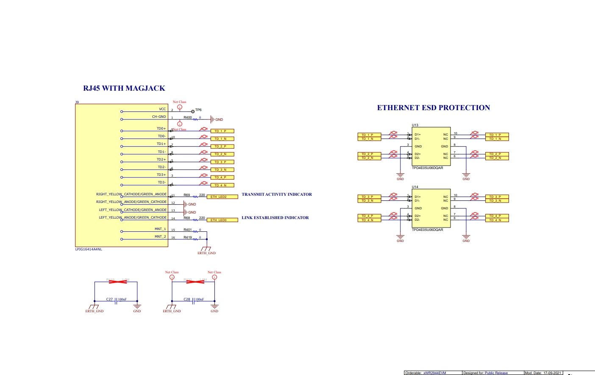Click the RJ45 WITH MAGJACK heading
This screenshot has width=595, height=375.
124,88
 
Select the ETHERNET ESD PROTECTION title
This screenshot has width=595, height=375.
433,108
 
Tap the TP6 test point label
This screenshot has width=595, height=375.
198,110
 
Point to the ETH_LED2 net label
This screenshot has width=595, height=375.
222,197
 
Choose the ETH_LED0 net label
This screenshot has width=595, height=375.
222,220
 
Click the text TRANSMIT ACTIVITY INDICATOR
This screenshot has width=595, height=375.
276,194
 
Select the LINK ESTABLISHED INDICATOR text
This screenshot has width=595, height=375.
275,218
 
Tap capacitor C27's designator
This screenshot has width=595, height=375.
109,299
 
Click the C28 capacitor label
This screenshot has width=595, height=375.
186,299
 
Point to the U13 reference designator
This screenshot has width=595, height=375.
415,125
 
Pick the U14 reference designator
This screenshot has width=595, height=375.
415,187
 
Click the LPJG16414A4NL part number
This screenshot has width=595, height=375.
89,249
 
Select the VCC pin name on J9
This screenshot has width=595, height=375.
162,109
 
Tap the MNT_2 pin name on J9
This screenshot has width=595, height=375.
160,236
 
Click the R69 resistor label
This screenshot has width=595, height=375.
186,195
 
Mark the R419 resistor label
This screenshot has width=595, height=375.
187,237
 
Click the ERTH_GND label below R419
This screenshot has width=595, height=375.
206,253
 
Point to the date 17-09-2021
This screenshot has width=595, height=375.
552,373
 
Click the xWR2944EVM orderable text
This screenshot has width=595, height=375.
434,373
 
